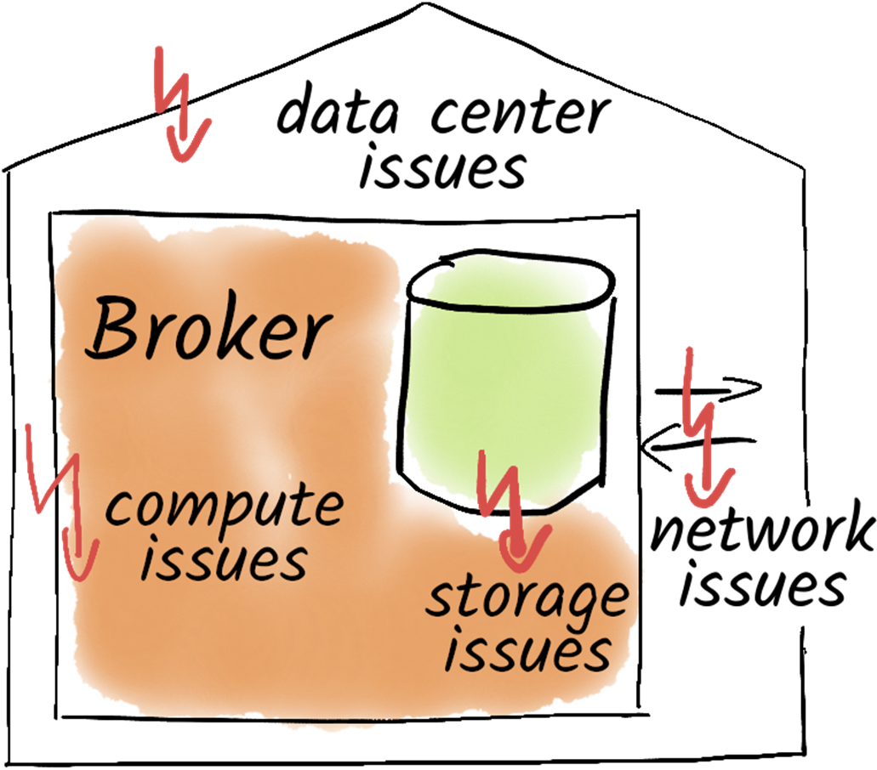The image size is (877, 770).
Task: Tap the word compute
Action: [224, 507]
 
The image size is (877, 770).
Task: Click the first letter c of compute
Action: [117, 509]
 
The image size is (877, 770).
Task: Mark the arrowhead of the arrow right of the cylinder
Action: [709, 491]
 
